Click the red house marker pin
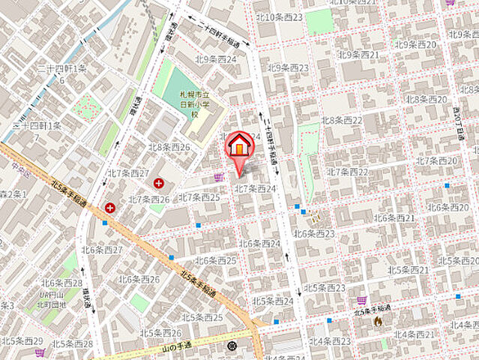[x=239, y=146]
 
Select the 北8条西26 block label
[x=169, y=148]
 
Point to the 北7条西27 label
[x=129, y=173]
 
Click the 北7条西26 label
[x=148, y=199]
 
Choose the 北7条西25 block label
[x=199, y=197]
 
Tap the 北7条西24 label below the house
[x=256, y=188]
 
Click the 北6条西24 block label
[x=260, y=244]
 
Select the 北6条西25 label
[x=216, y=261]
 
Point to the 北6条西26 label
[x=139, y=280]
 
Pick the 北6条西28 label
[x=62, y=283]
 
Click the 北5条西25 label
[x=202, y=317]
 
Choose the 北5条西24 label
[x=273, y=301]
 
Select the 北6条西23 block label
[x=314, y=234]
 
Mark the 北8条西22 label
[x=343, y=121]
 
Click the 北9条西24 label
[x=215, y=59]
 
